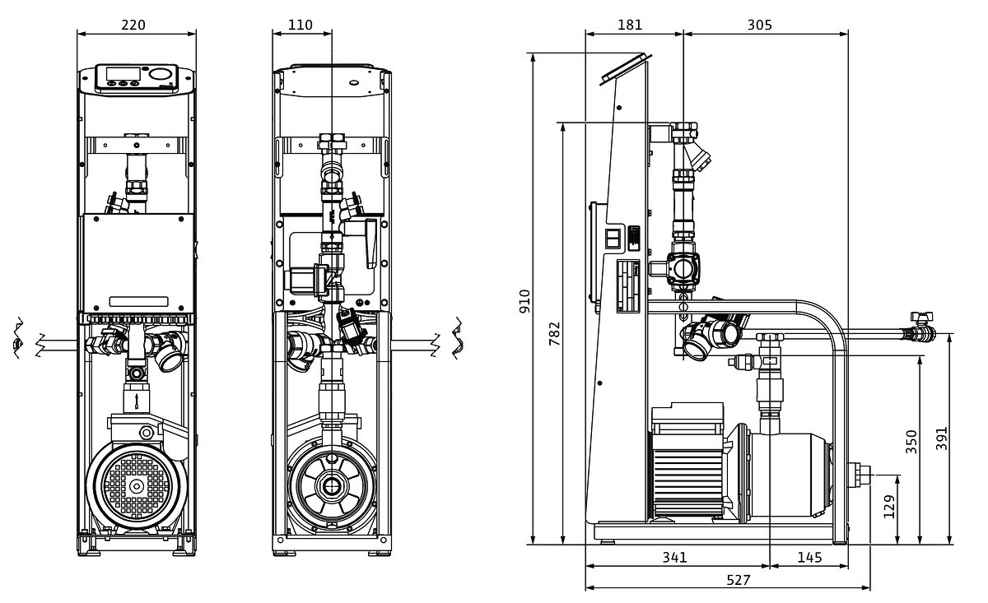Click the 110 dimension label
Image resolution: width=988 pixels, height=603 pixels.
point(301,25)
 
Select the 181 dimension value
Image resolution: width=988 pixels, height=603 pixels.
point(630,25)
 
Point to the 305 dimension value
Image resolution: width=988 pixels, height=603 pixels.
point(759,25)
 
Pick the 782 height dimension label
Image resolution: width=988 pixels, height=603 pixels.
point(554,333)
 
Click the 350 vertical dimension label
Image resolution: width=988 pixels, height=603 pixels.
point(911,441)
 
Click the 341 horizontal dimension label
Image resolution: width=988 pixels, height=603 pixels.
point(674,557)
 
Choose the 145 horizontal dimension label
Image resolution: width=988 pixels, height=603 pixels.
point(809,557)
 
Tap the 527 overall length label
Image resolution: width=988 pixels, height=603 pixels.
point(739,580)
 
